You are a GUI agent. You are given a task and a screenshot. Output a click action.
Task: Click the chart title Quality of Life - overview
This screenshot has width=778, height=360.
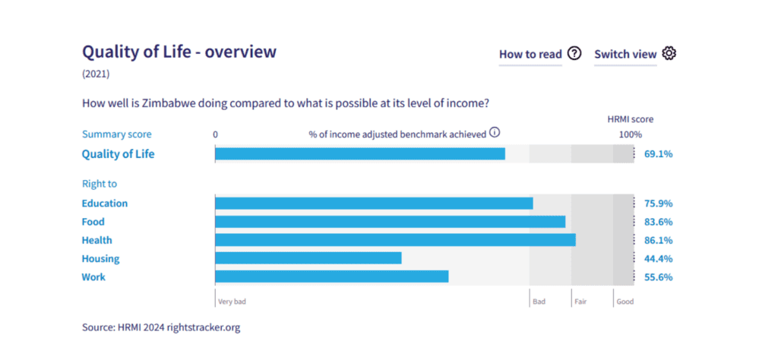point(179,52)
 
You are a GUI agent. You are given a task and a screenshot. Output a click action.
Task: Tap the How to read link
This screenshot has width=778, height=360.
point(530,54)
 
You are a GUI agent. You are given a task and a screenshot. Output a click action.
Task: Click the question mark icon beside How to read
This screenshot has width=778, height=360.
point(574,53)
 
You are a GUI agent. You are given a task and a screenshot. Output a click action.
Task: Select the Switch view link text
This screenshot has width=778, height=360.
point(625,54)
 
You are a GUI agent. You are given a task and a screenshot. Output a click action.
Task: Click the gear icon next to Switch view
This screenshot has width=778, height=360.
point(669,53)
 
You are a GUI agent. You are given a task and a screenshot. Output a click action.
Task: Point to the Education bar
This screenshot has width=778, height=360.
point(374,204)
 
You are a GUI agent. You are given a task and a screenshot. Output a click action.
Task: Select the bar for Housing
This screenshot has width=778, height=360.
point(308,258)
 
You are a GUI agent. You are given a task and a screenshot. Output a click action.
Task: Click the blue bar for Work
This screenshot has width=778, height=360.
point(331,276)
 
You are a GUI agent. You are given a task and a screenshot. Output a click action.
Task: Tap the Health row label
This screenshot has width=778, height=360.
point(96,240)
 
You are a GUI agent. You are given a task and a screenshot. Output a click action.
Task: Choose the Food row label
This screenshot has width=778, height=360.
point(93,222)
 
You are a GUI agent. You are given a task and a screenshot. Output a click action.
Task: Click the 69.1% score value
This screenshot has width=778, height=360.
point(658,154)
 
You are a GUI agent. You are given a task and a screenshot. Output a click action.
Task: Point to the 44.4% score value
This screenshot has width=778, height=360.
point(658,258)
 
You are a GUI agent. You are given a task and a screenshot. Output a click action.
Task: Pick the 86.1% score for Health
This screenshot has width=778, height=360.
point(658,240)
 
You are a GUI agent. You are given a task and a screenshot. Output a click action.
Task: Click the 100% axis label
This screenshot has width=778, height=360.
point(630,134)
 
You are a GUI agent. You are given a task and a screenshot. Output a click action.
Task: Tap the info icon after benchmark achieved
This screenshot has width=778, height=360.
point(495,133)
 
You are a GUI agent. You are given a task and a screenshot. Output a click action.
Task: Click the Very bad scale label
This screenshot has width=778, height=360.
point(232,302)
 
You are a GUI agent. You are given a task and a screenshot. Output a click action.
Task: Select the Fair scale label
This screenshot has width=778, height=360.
point(582,302)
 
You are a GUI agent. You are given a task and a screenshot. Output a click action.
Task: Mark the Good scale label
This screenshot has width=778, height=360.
point(625,302)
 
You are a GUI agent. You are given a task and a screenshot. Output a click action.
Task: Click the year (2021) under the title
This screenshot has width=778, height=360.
point(96,74)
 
